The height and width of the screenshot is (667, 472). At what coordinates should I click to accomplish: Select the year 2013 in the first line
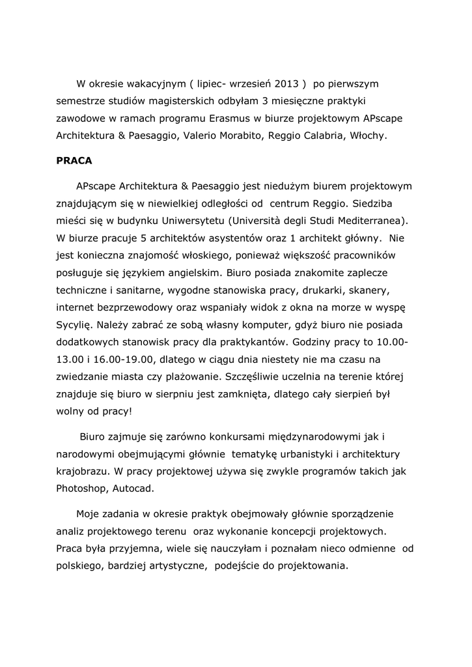(x=287, y=84)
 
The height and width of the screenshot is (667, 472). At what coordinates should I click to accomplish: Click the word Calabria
(x=323, y=137)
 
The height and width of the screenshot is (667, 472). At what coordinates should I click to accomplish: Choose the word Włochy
(x=368, y=137)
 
